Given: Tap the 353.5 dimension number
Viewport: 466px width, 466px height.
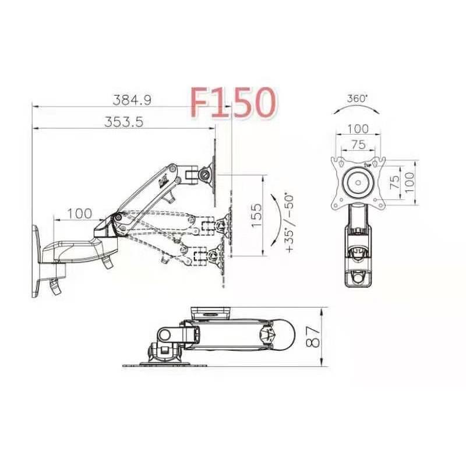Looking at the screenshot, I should [123, 121].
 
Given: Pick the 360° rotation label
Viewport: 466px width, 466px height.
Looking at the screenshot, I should [357, 99].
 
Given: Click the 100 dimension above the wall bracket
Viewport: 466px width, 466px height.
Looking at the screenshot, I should [79, 213].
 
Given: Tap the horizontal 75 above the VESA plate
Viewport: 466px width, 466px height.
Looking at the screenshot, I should [358, 144].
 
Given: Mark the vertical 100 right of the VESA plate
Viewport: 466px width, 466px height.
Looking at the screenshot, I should [409, 182].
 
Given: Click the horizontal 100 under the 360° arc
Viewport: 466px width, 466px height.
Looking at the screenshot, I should [358, 129].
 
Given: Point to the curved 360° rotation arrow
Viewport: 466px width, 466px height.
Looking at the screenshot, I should [356, 109].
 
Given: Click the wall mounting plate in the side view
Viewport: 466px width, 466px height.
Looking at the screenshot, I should [36, 262].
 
